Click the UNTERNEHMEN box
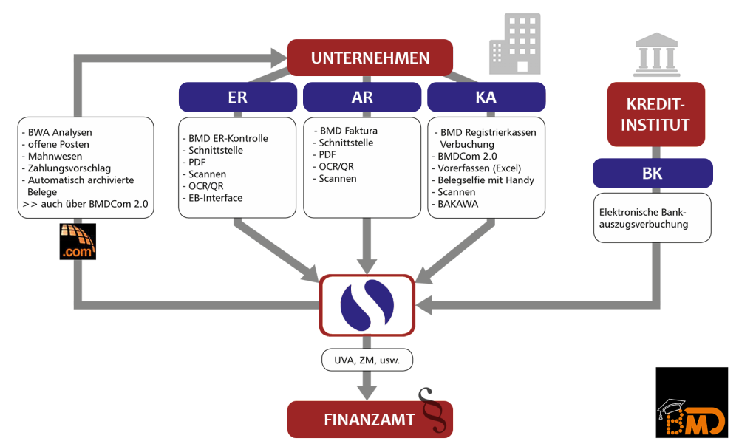pos(369,58)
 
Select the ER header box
pos(238,98)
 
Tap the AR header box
pos(361,98)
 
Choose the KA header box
pos(486,98)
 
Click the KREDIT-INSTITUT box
pos(655,115)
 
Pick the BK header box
pos(653,175)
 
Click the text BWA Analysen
pos(61,133)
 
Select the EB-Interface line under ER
pos(215,198)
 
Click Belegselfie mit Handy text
pos(486,180)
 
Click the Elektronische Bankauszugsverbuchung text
pos(644,217)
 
